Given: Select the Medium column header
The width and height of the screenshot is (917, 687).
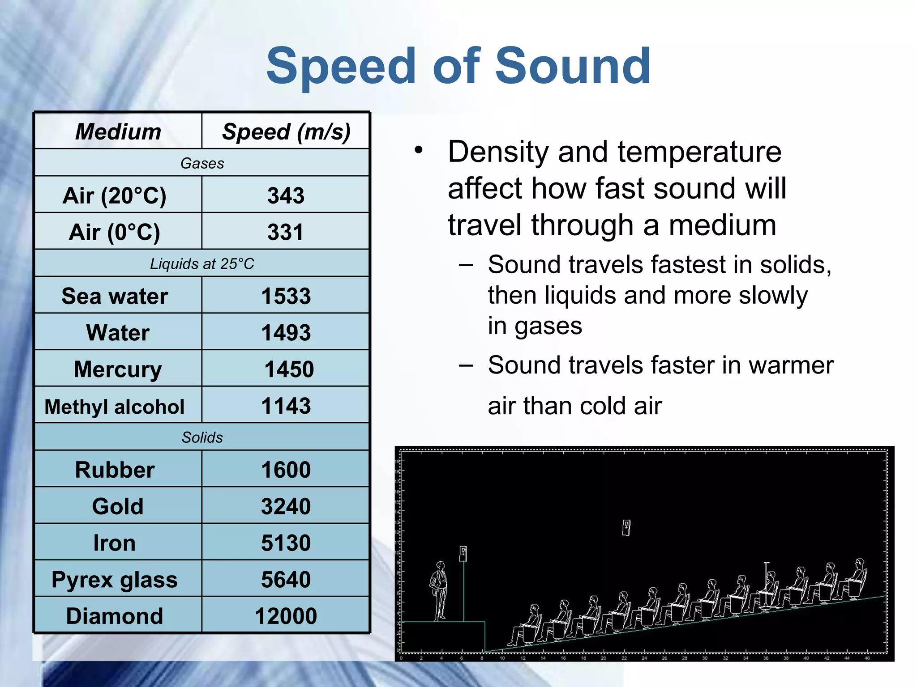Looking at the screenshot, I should [x=118, y=131].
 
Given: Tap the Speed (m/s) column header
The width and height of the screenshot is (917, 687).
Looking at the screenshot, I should [x=286, y=131].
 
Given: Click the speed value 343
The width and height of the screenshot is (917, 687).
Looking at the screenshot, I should [x=286, y=195].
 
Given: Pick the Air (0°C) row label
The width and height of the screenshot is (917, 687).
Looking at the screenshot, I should [x=114, y=232].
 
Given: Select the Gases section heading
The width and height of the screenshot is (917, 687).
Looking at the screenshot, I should [x=202, y=163].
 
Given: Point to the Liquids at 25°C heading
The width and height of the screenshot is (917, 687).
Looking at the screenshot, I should [x=202, y=264].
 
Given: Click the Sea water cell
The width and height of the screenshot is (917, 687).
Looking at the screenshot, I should [x=115, y=296].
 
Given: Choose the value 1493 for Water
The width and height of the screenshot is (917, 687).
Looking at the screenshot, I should [x=286, y=333].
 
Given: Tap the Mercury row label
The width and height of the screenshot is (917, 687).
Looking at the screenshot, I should [x=118, y=369].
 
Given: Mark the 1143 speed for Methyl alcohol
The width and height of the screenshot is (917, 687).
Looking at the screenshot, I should [x=286, y=406].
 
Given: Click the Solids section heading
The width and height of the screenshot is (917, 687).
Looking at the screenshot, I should [x=202, y=437].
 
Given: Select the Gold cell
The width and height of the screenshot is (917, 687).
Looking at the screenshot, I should [x=118, y=506].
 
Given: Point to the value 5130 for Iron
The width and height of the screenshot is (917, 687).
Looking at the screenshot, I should [x=286, y=543].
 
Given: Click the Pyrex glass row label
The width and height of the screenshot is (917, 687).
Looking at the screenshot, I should [x=115, y=580].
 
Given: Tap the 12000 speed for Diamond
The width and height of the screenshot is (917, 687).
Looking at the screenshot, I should [x=286, y=616].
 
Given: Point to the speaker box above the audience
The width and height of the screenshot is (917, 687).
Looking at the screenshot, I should [x=626, y=528].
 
